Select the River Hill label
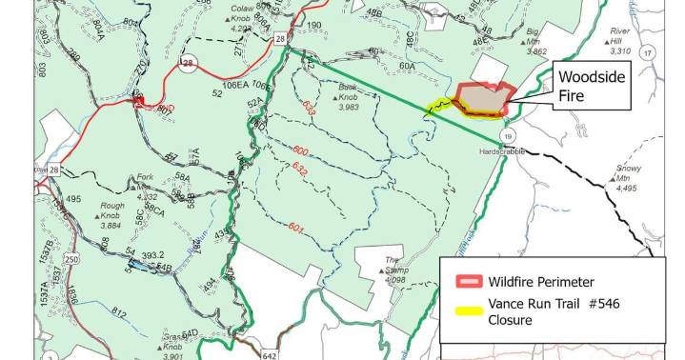point(623,36)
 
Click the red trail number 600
point(300,150)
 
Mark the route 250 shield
point(71,260)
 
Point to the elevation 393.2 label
point(155,256)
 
